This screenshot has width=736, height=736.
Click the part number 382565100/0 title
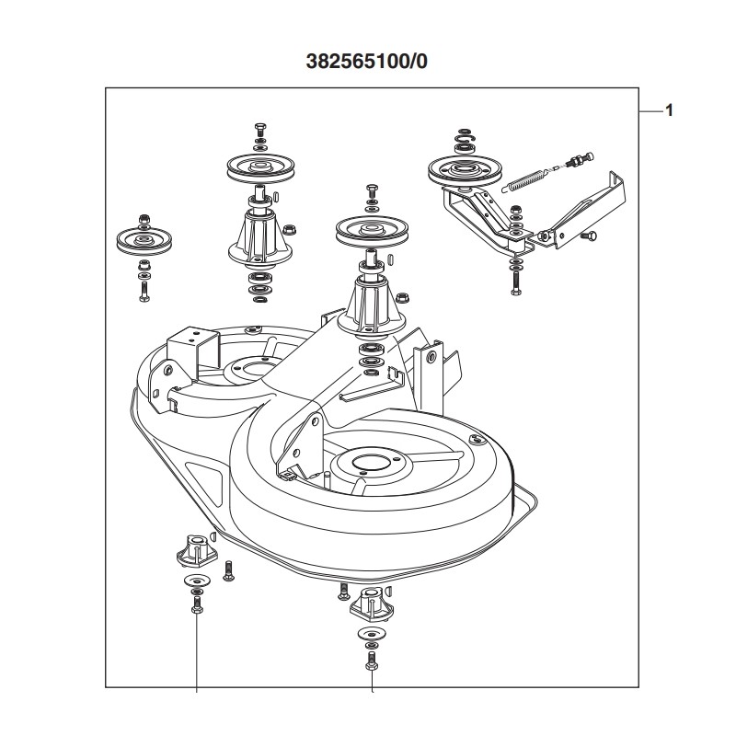pyautogui.click(x=367, y=63)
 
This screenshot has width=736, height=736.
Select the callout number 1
pyautogui.click(x=669, y=110)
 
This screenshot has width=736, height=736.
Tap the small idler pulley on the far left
pyautogui.click(x=144, y=241)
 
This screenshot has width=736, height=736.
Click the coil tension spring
pyautogui.click(x=531, y=177)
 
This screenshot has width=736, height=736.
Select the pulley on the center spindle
pyautogui.click(x=370, y=231)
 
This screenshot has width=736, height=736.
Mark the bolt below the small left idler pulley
pyautogui.click(x=144, y=292)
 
